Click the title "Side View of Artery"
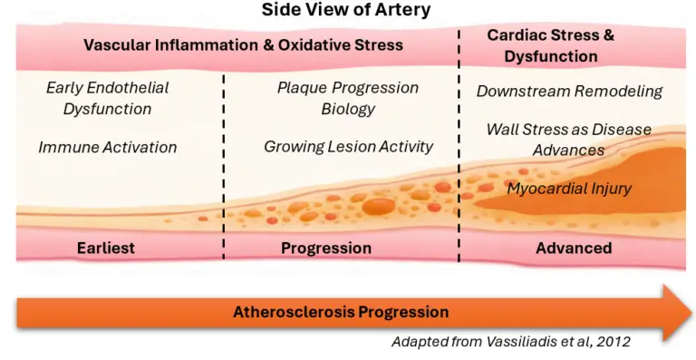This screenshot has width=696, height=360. tap(346, 11)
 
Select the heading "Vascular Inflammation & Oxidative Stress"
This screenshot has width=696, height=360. tap(243, 44)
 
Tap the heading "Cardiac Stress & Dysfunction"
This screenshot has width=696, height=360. tap(550, 45)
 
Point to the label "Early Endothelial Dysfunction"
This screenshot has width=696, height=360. tap(107, 98)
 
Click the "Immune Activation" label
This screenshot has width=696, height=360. tap(107, 147)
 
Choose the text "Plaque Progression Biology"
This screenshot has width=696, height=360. tap(348, 98)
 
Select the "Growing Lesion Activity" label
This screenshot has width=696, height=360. tap(348, 146)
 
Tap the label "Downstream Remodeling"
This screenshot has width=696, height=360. tap(569, 91)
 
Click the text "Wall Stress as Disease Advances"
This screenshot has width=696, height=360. tap(568, 139)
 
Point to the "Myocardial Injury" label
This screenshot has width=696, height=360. tap(568, 189)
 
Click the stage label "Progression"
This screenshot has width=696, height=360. tap(326, 248)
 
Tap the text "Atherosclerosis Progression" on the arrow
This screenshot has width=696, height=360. tap(341, 312)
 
